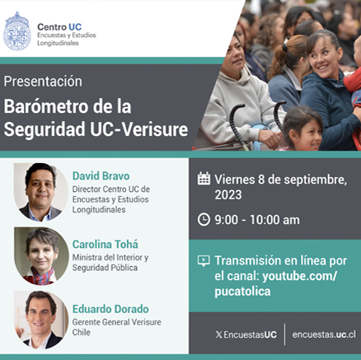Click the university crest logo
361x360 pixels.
[x=17, y=31]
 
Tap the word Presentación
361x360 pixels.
[x=43, y=82]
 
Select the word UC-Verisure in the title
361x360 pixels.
[x=139, y=129]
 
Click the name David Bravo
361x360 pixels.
[x=101, y=176]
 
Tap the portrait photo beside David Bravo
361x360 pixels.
[x=41, y=192]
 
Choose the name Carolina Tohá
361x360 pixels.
[x=105, y=244]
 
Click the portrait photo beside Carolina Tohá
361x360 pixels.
[x=41, y=256]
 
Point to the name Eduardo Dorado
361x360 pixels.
[x=110, y=309]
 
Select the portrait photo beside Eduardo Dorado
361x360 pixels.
[x=41, y=320]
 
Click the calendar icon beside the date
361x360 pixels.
[x=204, y=178]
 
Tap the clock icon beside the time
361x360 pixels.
[x=204, y=220]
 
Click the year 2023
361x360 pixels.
[x=228, y=194]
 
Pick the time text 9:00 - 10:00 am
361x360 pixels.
[x=257, y=220]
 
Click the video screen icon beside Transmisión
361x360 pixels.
[x=204, y=261]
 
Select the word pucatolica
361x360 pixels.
[x=242, y=292]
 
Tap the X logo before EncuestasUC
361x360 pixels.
[x=218, y=334]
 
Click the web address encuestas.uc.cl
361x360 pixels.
[x=324, y=334]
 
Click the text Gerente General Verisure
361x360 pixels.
[x=117, y=322]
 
